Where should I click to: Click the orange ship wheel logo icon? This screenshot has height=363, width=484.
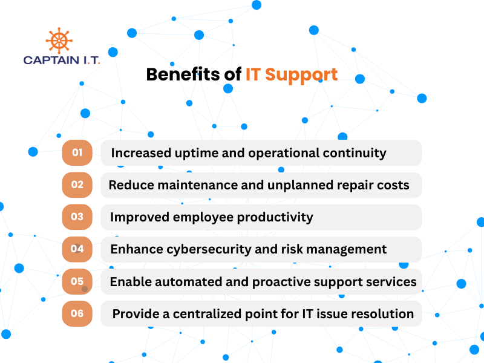59,41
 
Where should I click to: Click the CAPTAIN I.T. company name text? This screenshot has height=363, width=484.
62,60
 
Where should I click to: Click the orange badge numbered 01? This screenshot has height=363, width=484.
77,152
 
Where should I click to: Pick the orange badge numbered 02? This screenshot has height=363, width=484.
77,185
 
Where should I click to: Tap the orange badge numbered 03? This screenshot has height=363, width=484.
77,217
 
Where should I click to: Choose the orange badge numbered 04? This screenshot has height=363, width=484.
77,249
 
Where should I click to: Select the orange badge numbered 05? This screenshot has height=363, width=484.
77,281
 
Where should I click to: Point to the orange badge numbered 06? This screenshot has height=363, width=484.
77,313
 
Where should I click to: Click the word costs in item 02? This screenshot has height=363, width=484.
393,185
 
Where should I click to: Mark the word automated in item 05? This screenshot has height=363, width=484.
186,282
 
